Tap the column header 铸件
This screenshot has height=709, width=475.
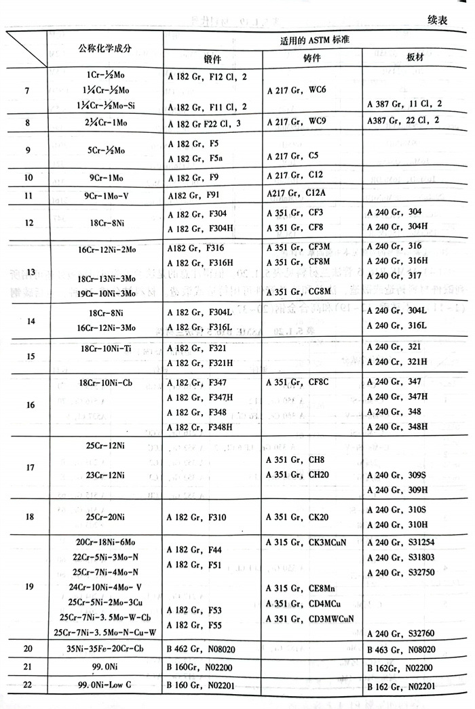(312, 60)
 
